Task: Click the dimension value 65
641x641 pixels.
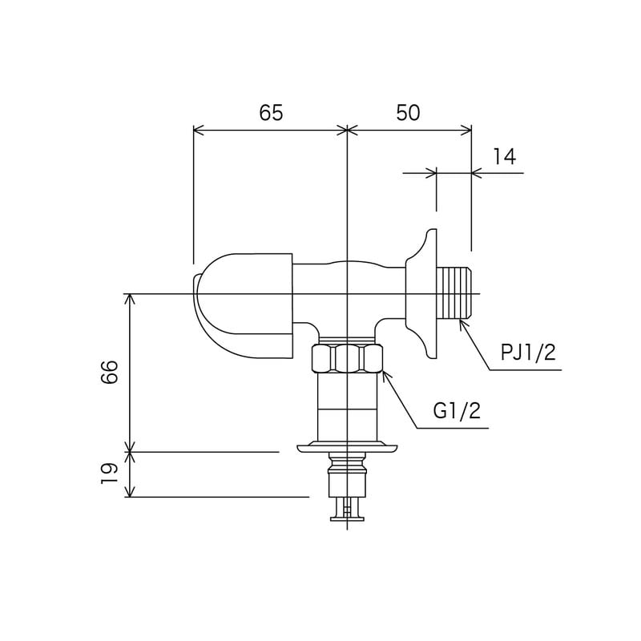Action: point(271,113)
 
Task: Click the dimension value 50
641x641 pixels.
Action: point(408,113)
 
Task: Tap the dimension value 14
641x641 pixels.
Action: point(504,157)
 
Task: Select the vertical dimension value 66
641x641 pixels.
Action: point(110,372)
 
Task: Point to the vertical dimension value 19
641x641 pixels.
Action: point(110,474)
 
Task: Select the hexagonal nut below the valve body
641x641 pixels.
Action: point(345,358)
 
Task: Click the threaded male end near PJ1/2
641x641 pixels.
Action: point(457,292)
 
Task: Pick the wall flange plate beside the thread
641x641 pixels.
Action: point(422,294)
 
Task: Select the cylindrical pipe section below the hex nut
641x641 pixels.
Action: point(346,405)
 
